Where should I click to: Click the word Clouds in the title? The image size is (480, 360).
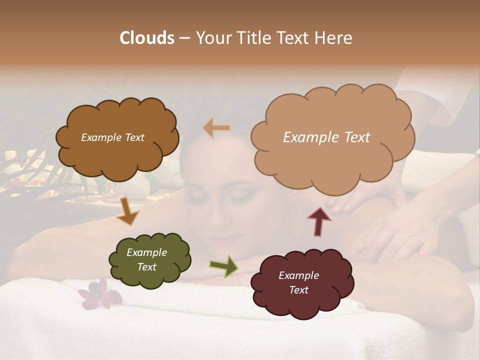click(146, 38)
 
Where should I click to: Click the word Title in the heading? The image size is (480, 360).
click(253, 38)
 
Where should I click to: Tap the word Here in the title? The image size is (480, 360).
click(333, 38)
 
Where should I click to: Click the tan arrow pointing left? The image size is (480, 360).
click(217, 128)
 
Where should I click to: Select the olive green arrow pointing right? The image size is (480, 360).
click(224, 266)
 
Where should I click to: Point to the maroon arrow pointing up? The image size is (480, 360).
click(318, 220)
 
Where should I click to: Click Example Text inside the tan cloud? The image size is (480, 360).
click(326, 137)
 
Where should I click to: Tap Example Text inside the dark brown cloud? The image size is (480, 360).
click(112, 137)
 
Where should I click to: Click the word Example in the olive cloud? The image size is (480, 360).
click(146, 252)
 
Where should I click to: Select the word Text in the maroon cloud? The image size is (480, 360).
click(298, 290)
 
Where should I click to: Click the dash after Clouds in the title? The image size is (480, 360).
click(184, 38)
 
